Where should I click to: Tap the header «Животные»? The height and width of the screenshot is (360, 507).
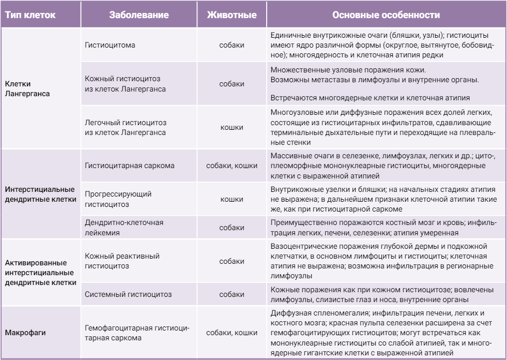pos(232,15)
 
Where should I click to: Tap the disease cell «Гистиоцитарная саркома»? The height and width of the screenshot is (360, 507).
pos(130,166)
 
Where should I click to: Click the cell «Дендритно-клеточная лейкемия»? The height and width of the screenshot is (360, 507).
pos(124,228)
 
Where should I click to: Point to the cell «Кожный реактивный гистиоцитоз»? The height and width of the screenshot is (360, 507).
pos(122,261)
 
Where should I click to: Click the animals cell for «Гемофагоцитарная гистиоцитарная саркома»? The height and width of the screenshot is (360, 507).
pos(232,333)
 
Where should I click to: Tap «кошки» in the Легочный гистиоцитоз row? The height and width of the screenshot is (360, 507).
pos(232,127)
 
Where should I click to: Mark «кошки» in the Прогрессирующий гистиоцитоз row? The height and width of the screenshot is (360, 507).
pos(232,199)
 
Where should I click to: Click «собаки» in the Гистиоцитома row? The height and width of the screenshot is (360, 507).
pos(232,45)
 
